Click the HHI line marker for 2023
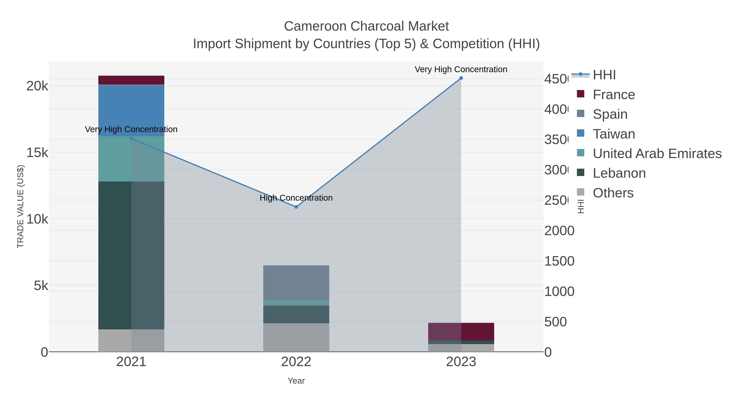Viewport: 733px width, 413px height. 461,78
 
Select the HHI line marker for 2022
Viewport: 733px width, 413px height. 296,207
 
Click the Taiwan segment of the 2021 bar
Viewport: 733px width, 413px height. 131,111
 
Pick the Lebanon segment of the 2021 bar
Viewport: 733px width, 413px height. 131,255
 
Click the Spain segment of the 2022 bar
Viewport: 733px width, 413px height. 296,282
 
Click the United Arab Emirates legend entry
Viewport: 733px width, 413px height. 657,154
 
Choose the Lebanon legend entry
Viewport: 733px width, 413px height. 619,173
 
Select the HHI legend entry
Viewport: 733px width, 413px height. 604,75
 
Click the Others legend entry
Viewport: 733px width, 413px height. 613,193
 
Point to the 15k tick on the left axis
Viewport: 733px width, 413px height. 37,153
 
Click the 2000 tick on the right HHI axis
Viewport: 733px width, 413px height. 559,231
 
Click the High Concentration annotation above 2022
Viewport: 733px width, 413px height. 296,198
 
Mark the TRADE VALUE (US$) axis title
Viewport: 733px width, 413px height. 21,206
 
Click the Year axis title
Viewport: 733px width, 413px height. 296,381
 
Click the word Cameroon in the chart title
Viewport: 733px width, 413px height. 315,26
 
